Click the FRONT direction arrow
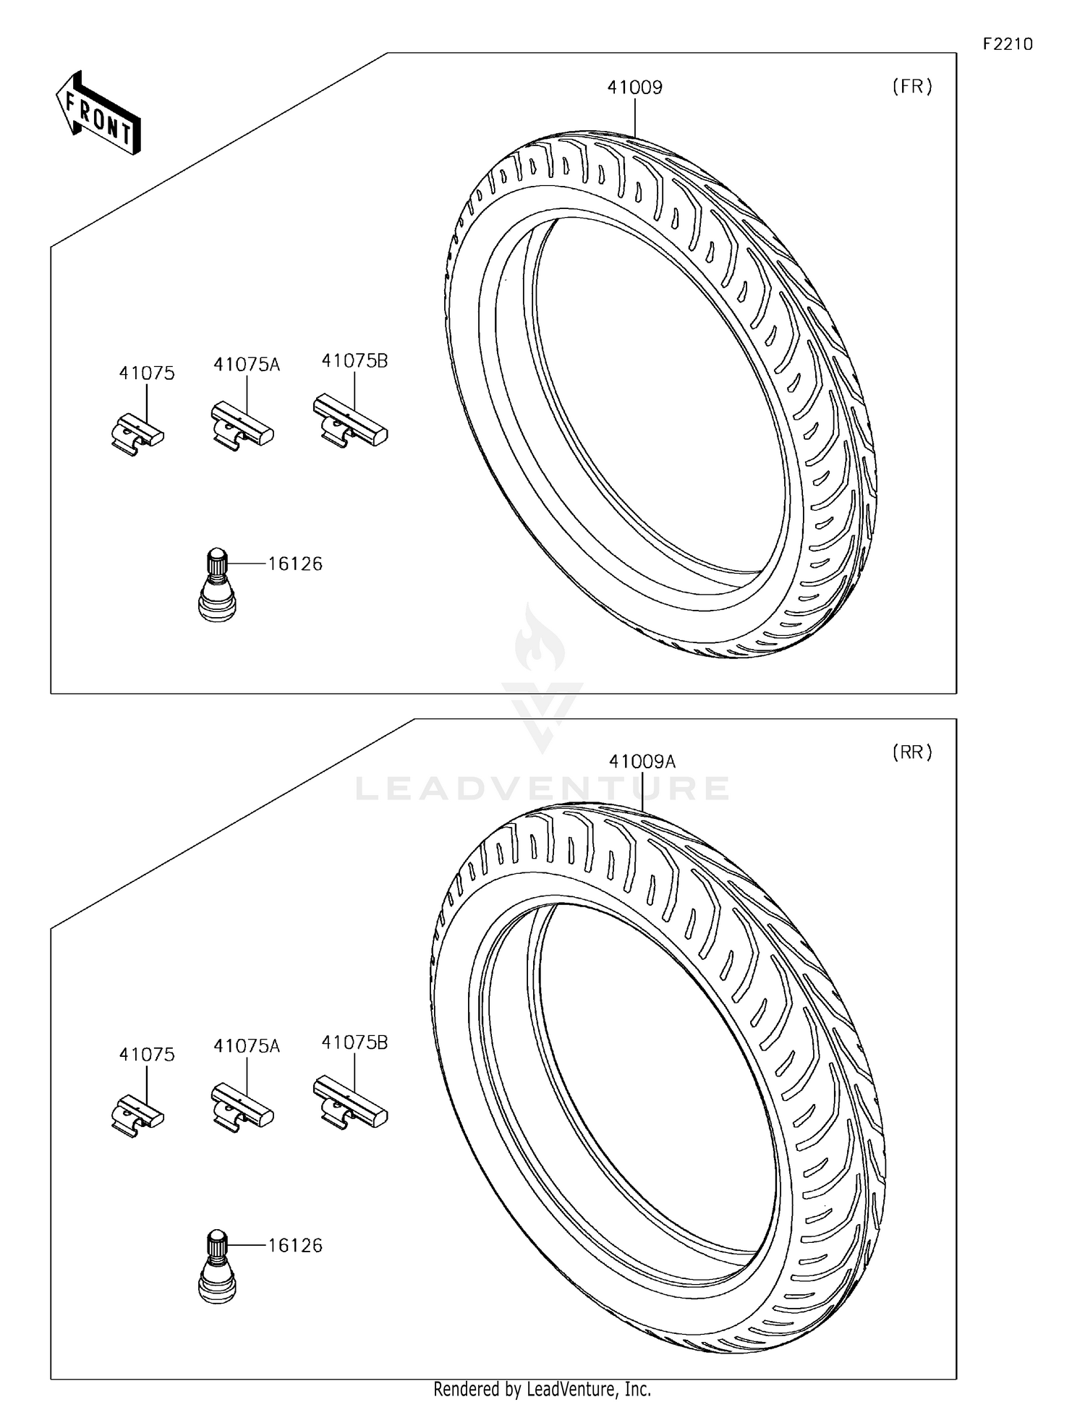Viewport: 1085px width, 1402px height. (x=99, y=114)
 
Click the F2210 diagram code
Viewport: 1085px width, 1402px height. (x=1007, y=44)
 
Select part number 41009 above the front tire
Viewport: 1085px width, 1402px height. (x=634, y=88)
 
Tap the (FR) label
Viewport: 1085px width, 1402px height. (x=911, y=87)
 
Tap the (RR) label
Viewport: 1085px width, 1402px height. (x=911, y=752)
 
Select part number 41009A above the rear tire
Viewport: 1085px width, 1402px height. (x=642, y=761)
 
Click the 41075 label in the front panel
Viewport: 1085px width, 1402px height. (x=147, y=373)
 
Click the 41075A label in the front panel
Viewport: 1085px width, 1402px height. (x=246, y=365)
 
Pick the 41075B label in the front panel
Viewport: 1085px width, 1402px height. (x=354, y=360)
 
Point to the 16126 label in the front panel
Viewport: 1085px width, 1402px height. (x=295, y=564)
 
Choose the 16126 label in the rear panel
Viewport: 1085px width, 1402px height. (x=295, y=1245)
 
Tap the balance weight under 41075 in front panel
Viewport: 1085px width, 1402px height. (x=137, y=435)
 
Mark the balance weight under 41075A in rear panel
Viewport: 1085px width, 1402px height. (x=242, y=1108)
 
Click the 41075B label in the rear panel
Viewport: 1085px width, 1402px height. (x=354, y=1042)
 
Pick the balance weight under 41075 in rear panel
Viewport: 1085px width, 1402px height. (x=137, y=1116)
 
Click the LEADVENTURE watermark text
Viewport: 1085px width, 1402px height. (x=542, y=788)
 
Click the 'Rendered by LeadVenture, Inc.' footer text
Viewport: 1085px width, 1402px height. (x=542, y=1389)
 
